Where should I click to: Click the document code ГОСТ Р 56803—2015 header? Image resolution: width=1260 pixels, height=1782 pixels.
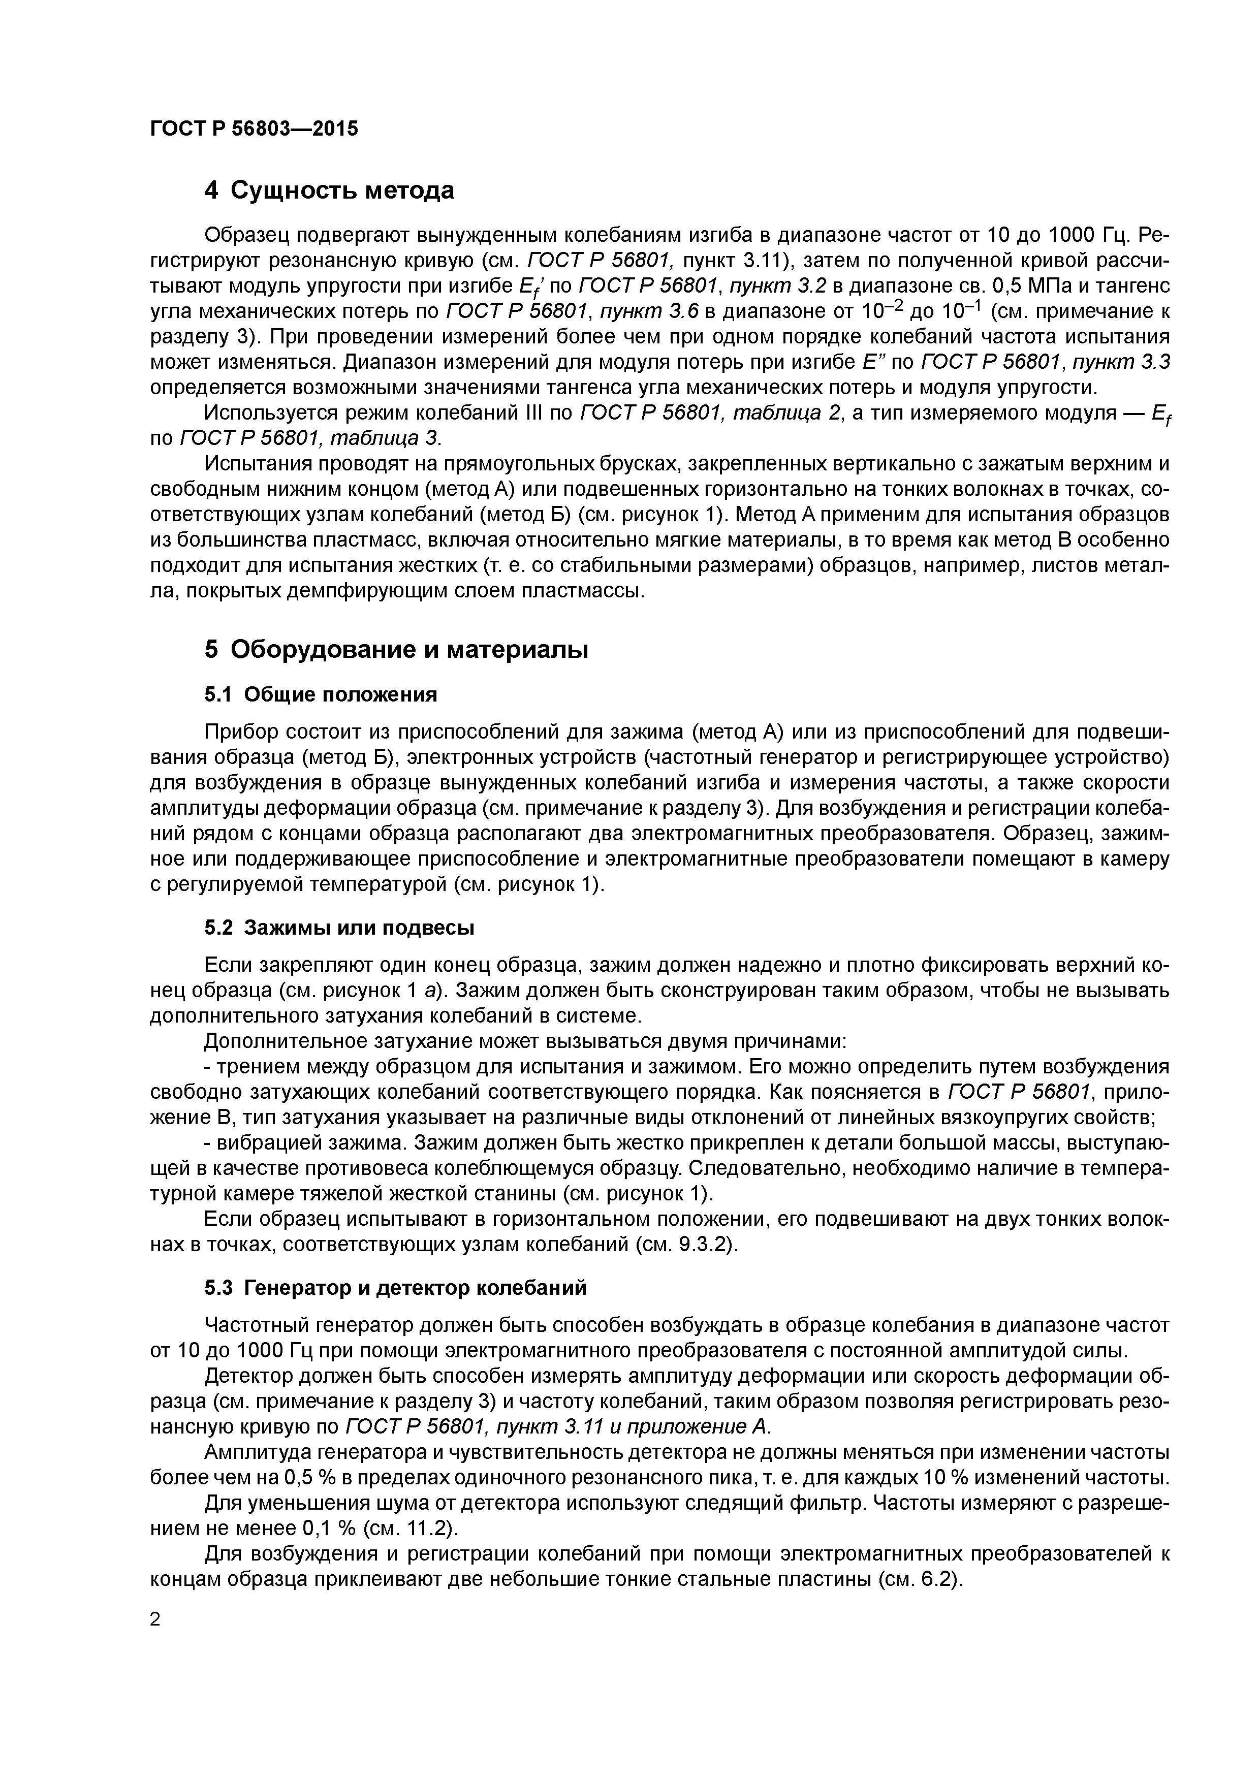pyautogui.click(x=254, y=129)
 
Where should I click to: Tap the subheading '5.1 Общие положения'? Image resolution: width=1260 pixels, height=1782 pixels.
pyautogui.click(x=320, y=694)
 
